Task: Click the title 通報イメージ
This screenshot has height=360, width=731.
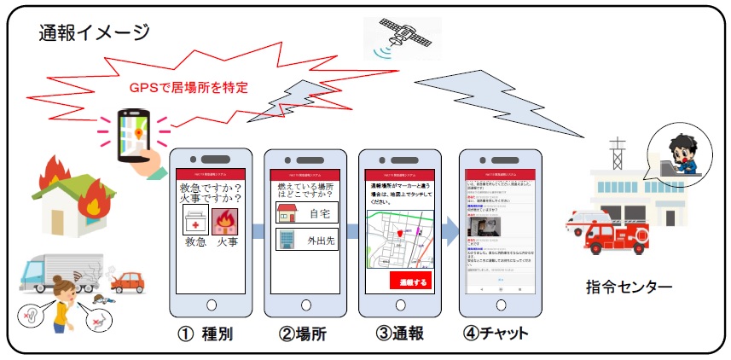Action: pos(94,33)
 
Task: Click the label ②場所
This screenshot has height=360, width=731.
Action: pos(304,334)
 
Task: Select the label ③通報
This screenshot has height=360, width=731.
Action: pos(399,334)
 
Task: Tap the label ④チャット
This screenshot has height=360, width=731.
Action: pos(499,334)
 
